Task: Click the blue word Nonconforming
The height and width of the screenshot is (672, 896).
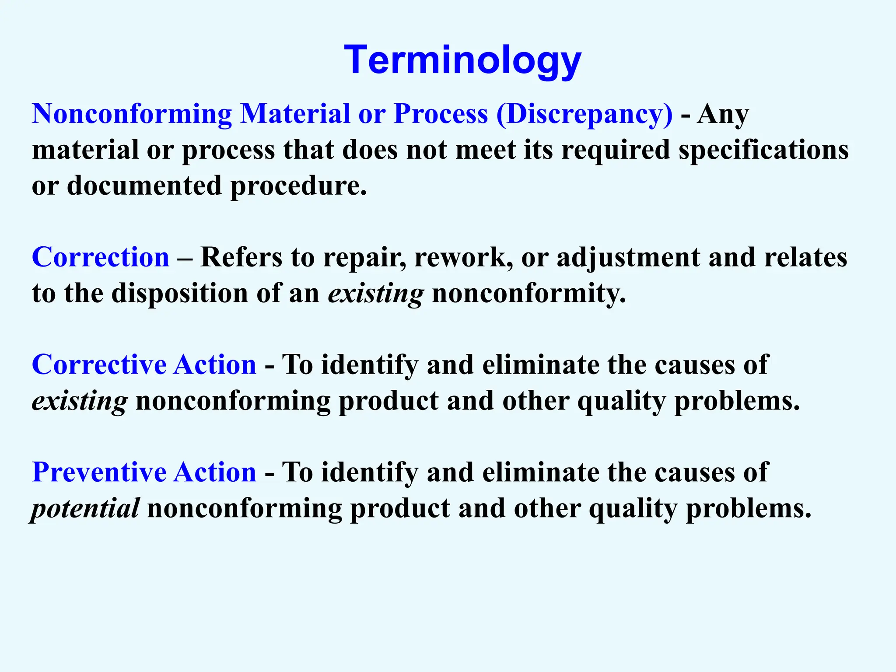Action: click(132, 115)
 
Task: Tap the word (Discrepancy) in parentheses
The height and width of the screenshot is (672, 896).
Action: click(584, 115)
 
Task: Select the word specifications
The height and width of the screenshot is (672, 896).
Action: click(763, 150)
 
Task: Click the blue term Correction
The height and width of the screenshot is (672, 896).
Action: click(100, 257)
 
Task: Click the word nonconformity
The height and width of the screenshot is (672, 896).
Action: click(528, 294)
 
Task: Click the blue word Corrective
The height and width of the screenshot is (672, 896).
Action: click(98, 365)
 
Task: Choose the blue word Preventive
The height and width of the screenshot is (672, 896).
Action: click(98, 472)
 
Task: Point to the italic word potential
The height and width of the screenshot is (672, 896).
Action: click(86, 509)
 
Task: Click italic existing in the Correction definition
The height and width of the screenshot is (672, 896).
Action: click(375, 294)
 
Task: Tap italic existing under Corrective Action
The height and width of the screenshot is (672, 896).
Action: click(80, 401)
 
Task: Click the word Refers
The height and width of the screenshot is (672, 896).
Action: click(241, 257)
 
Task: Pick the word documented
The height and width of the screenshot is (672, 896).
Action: click(144, 186)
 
